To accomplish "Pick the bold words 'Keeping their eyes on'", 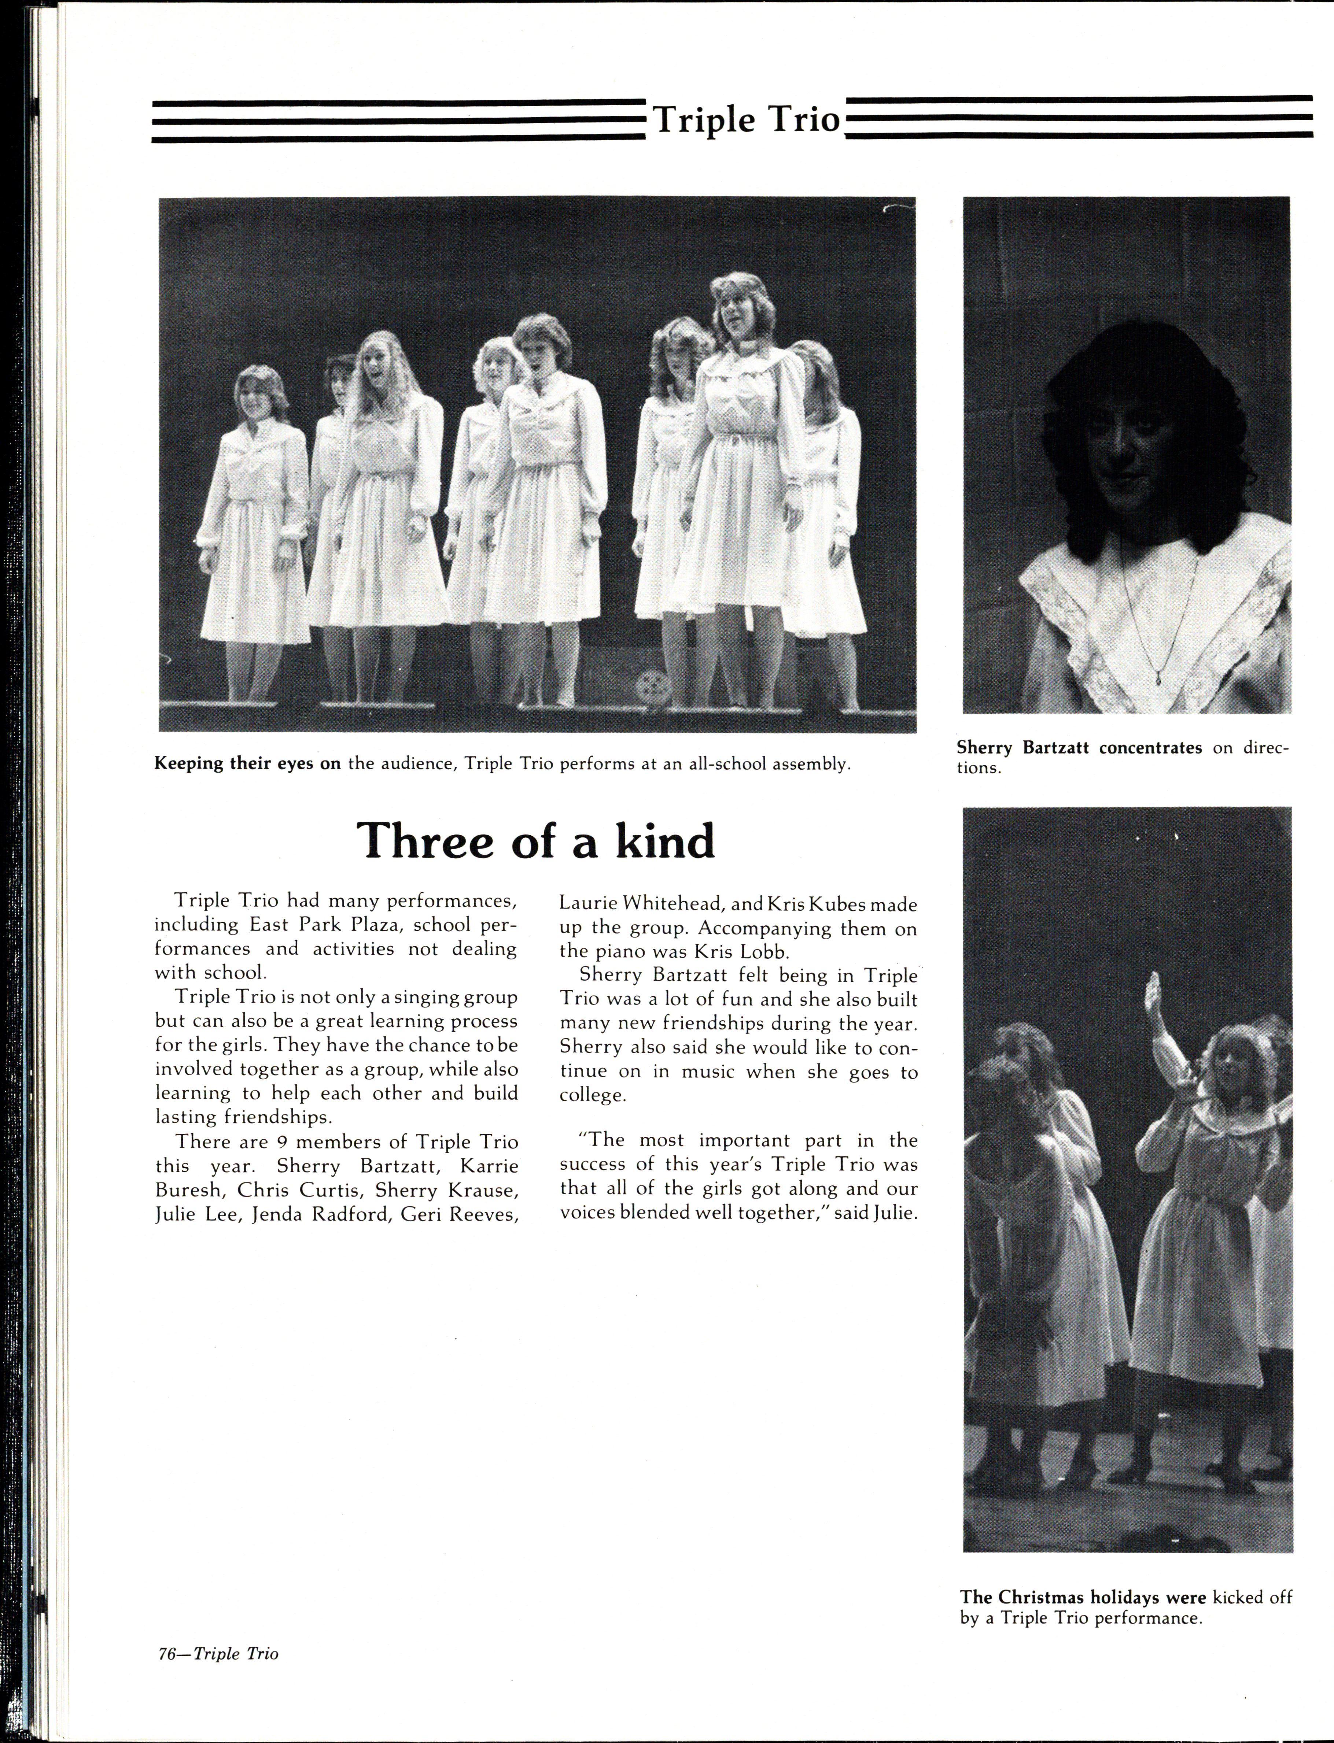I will click(247, 763).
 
